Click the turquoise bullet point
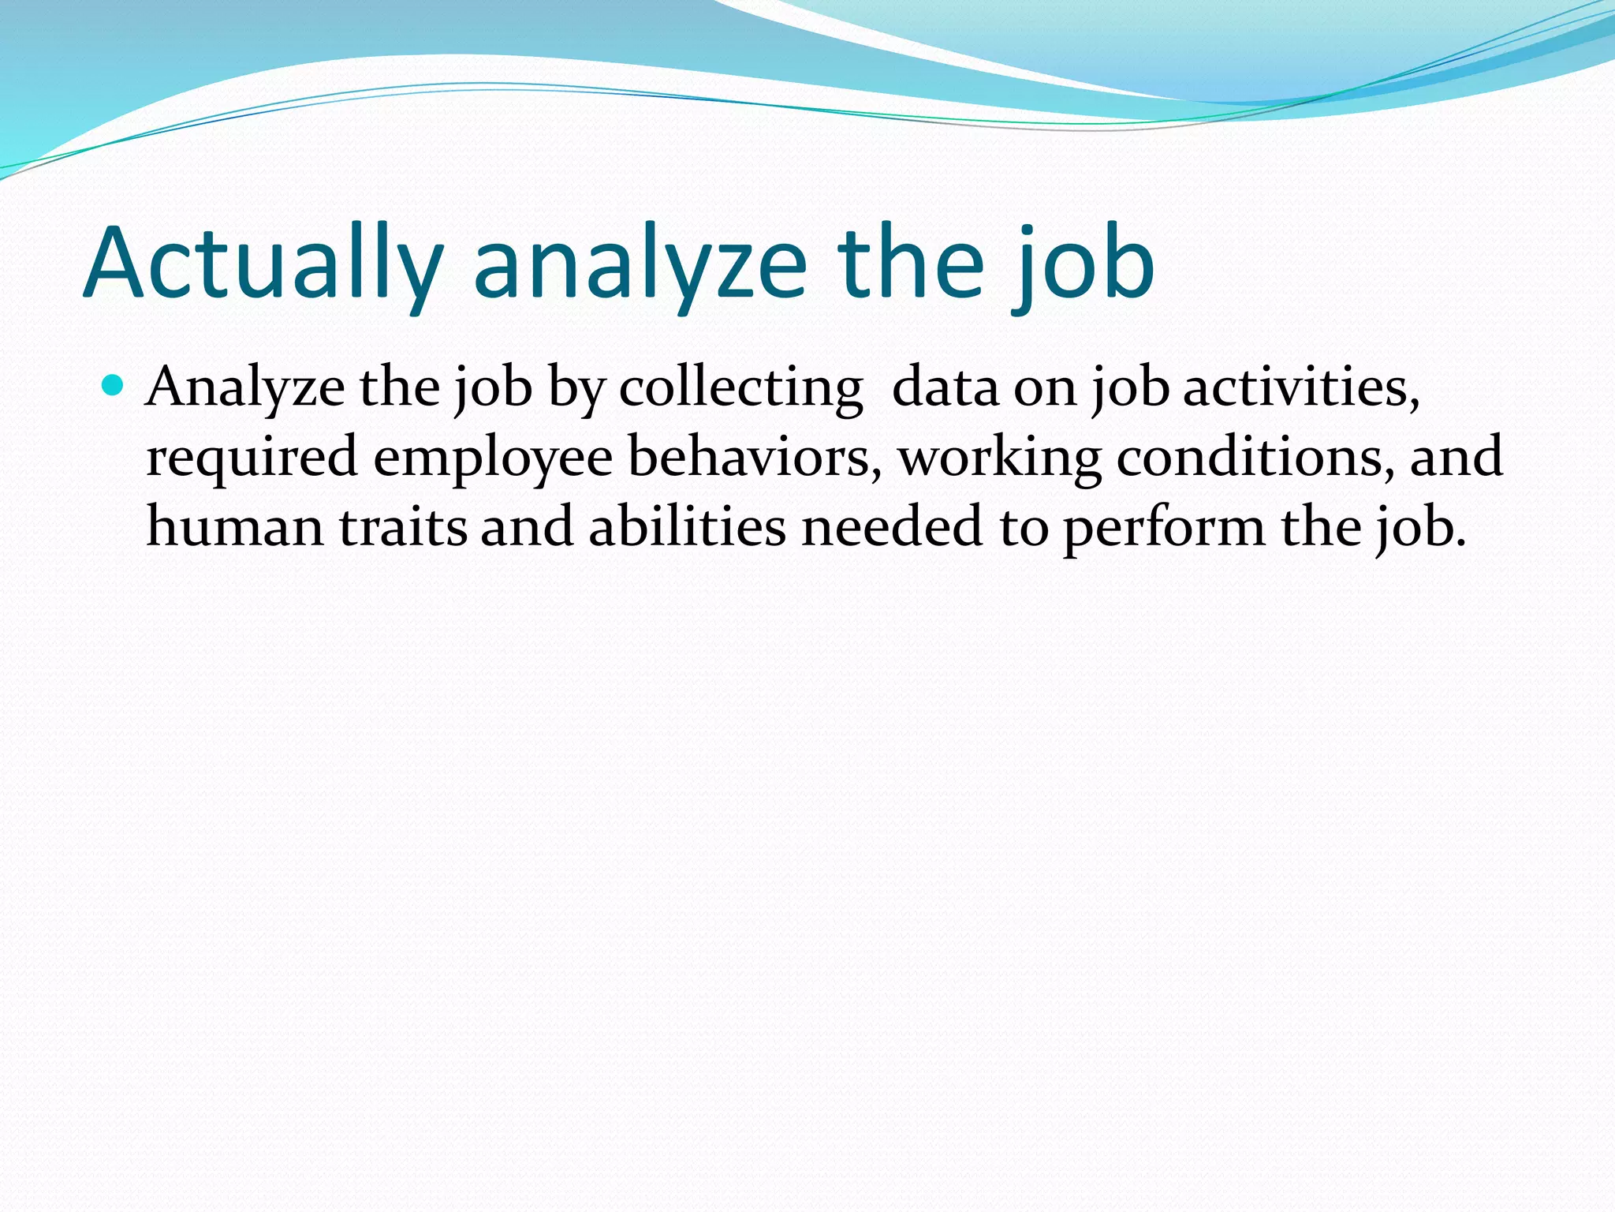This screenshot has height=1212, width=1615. tap(114, 386)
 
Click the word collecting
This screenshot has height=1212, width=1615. tap(740, 388)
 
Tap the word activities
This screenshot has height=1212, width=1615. tap(1301, 388)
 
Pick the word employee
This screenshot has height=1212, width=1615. tap(492, 458)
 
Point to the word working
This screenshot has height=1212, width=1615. tap(1000, 458)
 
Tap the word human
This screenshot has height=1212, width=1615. tap(235, 527)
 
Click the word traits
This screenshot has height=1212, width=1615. tap(403, 527)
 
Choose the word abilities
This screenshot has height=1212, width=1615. tap(687, 527)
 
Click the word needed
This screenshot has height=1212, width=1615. tap(892, 527)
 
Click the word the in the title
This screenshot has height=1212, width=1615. tap(911, 264)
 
